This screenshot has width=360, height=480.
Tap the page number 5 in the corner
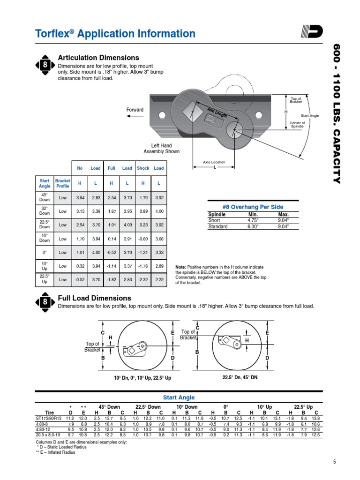(x=335, y=462)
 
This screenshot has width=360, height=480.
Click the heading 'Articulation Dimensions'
(x=98, y=58)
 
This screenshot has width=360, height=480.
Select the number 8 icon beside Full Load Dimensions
(x=45, y=303)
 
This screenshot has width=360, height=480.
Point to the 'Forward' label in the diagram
(x=135, y=110)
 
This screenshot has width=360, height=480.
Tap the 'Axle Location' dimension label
(x=214, y=162)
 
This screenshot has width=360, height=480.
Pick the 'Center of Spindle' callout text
(x=298, y=124)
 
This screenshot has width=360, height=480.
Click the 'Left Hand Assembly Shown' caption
(x=161, y=149)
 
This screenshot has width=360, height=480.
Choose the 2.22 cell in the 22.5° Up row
(x=159, y=279)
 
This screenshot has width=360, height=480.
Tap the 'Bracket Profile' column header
(x=63, y=183)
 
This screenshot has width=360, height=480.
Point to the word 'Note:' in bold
(x=181, y=266)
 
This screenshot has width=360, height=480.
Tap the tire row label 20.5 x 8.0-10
(x=49, y=435)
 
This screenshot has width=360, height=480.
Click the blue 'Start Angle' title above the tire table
(x=179, y=397)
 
